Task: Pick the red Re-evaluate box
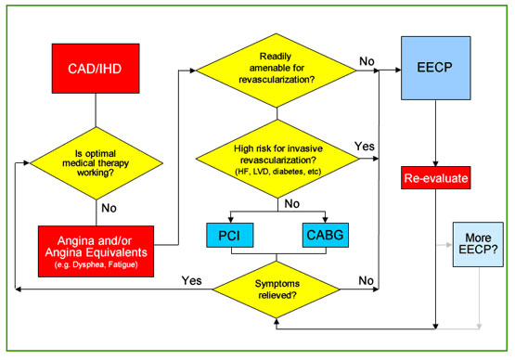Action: coord(436,176)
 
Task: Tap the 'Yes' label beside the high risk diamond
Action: coord(365,147)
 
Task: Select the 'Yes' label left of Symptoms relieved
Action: coord(192,279)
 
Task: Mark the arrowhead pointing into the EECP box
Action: coord(399,70)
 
